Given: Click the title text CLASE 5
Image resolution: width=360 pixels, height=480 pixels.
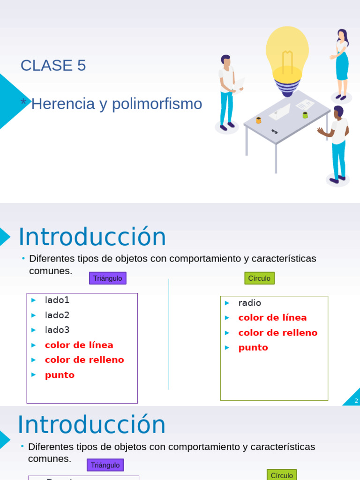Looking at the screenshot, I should [53, 66].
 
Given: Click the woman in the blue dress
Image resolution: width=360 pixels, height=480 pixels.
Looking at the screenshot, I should [342, 63].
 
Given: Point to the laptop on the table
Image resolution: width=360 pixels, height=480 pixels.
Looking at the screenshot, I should [280, 112].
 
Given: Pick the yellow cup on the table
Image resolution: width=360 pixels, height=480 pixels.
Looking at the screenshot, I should [258, 120].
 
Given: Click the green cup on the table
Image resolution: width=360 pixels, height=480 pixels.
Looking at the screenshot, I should [305, 115].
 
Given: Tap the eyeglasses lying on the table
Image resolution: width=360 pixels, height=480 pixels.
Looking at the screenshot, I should [274, 132].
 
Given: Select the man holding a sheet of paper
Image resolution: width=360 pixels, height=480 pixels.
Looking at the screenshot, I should [227, 91].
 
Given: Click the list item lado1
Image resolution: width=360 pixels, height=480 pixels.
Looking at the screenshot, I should [57, 300].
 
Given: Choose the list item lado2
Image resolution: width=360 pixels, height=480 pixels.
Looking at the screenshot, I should [57, 315].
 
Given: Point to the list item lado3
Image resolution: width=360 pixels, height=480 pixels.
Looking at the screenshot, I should [57, 330].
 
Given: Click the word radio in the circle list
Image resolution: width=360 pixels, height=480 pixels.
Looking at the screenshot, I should [249, 303].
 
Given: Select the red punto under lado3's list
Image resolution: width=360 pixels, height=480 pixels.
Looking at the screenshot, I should [60, 375].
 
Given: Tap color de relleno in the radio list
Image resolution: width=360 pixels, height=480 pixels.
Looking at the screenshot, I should [277, 333].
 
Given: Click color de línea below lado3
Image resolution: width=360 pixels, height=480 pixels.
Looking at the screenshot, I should [79, 345].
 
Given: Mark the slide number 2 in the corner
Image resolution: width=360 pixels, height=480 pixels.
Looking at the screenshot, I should [356, 400].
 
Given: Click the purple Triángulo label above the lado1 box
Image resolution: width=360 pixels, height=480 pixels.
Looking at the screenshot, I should [107, 278].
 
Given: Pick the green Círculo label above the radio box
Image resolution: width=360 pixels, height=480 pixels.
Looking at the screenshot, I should [259, 278].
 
